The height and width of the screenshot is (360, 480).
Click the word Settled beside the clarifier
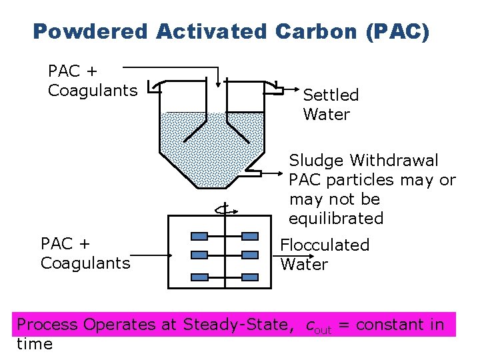click(331, 95)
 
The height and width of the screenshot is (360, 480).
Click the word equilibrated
click(336, 219)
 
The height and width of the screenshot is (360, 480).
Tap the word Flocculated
click(325, 245)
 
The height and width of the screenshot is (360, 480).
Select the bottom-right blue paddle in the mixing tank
click(249, 277)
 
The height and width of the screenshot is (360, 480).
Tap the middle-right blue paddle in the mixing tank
click(249, 255)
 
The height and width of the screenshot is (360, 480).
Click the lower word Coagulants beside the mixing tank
click(85, 263)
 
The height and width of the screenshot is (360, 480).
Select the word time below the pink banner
click(34, 344)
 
